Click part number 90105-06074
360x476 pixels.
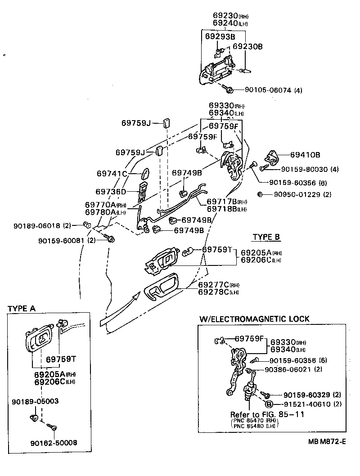[x=268, y=90]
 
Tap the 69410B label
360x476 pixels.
[x=305, y=155]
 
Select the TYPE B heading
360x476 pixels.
[x=266, y=237]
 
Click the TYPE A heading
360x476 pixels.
[x=22, y=309]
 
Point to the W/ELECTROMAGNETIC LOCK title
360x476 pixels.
[x=254, y=319]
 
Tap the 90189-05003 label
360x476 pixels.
[x=36, y=400]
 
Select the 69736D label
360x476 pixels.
[x=111, y=192]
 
